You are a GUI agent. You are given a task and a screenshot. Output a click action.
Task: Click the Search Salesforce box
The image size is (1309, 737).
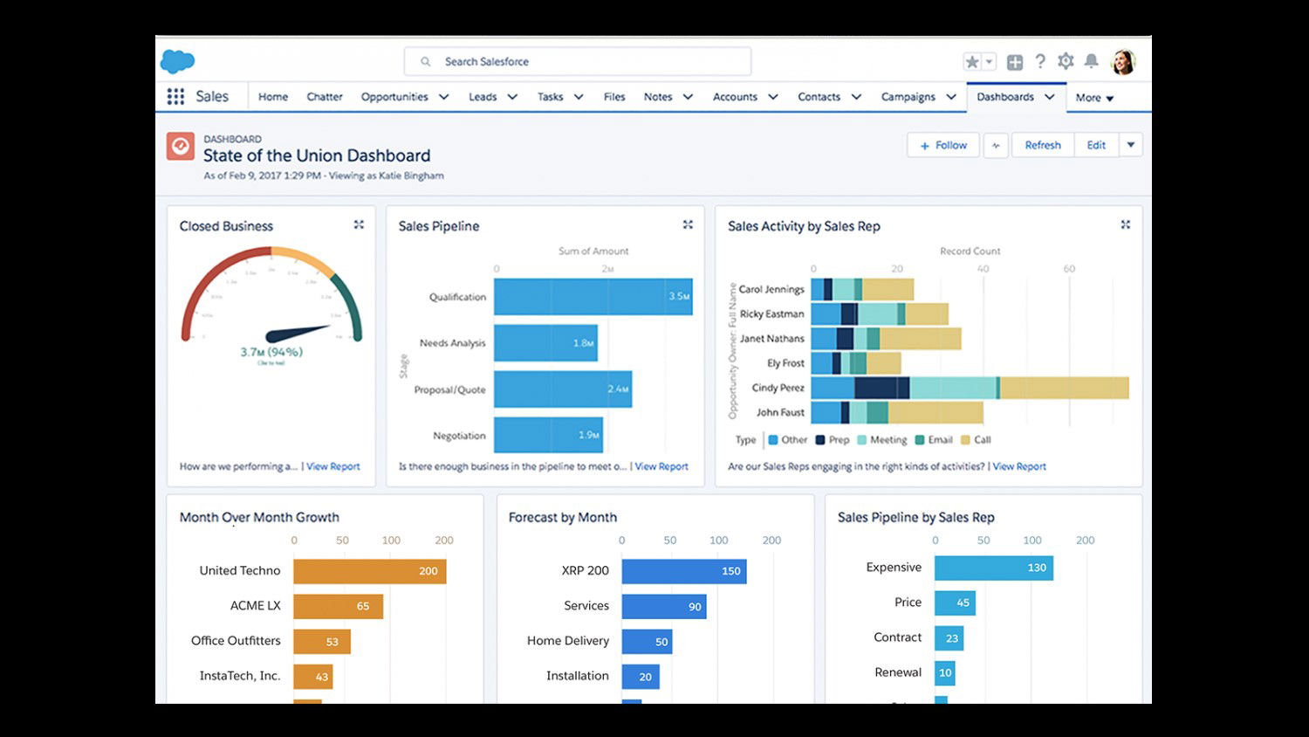[x=576, y=62]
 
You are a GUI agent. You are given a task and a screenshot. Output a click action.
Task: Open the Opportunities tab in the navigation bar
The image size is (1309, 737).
[x=394, y=97]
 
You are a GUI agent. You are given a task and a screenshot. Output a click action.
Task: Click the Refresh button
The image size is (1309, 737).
[x=1042, y=146]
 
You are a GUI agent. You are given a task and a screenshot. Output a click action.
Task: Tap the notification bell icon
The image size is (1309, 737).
[x=1091, y=61]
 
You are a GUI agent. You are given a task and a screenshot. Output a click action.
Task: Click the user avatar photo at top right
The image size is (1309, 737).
[x=1122, y=62]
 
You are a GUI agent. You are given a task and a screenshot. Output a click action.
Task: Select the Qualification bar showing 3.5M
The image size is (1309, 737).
[x=593, y=297]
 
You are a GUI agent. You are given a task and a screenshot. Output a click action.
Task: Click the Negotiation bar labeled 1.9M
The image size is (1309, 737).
[x=548, y=435]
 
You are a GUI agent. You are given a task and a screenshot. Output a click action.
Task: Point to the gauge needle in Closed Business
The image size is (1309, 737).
[x=297, y=334]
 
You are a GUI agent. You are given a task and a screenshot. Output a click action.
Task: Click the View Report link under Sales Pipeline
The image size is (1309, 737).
[x=661, y=467]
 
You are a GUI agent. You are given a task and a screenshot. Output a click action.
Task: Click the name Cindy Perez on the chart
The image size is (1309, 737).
[x=778, y=388]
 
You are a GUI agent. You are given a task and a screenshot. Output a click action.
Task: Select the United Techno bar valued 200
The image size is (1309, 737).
[x=369, y=571]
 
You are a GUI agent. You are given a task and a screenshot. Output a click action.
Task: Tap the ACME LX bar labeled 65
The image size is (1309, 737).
[x=338, y=606]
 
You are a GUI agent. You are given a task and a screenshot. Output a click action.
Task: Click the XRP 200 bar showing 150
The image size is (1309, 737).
[x=683, y=571]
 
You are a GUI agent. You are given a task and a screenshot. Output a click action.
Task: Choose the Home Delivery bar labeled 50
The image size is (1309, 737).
[x=647, y=642]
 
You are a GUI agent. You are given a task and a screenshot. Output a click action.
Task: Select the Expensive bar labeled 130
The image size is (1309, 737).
[x=993, y=568]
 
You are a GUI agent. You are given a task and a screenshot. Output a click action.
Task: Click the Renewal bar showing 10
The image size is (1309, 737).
[x=944, y=672]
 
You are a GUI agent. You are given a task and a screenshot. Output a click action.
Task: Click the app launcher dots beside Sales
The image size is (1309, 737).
[x=175, y=97]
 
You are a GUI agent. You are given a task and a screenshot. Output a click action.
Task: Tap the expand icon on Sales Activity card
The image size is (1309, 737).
[x=1125, y=225]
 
